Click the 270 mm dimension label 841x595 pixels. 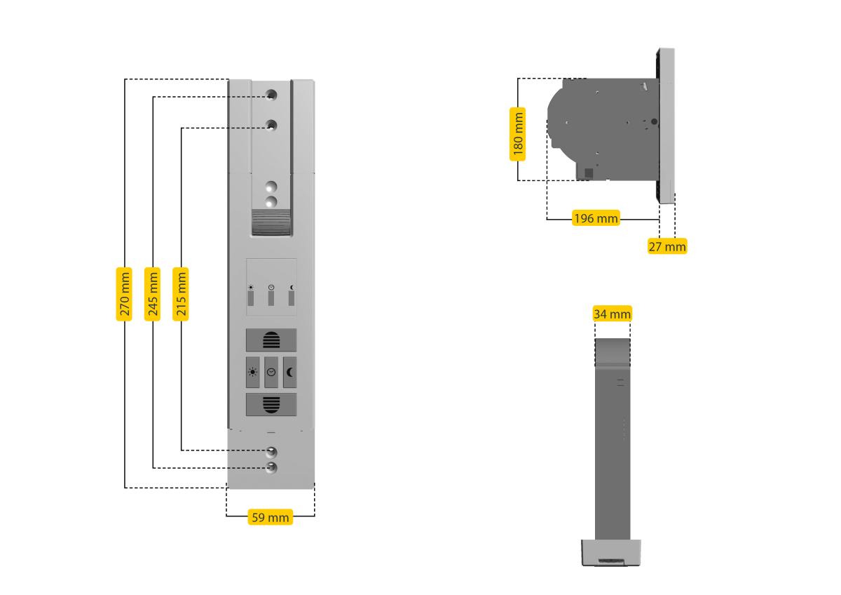point(124,294)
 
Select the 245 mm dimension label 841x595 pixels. point(153,294)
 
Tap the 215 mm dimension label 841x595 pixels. point(181,294)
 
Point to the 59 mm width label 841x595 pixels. point(271,517)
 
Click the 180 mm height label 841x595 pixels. point(517,134)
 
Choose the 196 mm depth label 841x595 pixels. point(596,218)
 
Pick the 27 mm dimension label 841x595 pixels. point(667,246)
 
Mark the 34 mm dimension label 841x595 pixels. point(613,314)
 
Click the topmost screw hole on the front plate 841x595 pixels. point(271,95)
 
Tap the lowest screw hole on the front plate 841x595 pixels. point(271,467)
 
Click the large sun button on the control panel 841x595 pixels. point(253,372)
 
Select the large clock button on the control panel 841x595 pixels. point(271,372)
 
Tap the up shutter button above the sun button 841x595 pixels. point(271,340)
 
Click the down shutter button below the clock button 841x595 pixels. point(271,404)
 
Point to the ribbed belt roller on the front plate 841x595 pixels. point(271,222)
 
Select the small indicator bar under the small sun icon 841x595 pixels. point(251,298)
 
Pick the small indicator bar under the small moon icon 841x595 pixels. point(292,298)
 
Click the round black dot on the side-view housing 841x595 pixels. point(654,121)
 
